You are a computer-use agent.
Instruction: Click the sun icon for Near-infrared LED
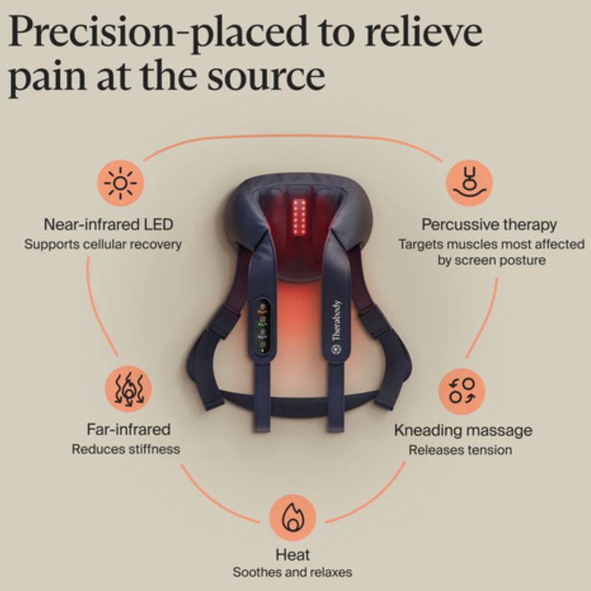click(120, 183)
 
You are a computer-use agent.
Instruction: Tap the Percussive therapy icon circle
click(469, 182)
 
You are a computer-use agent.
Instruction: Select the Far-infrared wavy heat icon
click(128, 389)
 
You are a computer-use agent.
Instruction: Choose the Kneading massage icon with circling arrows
click(462, 392)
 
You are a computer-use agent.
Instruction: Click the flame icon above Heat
click(293, 518)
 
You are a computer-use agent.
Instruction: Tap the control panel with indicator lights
click(262, 326)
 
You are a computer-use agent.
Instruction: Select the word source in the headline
click(267, 76)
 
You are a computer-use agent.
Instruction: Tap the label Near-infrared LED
click(109, 225)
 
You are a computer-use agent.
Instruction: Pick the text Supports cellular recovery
click(103, 245)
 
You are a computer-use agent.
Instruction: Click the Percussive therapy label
click(489, 225)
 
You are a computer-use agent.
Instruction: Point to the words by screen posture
click(491, 260)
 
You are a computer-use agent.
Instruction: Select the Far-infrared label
click(129, 429)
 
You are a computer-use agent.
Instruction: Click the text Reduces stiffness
click(126, 449)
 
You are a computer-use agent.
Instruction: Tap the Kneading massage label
click(463, 431)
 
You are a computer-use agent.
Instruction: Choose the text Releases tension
click(460, 450)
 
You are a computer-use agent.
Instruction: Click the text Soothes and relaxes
click(293, 572)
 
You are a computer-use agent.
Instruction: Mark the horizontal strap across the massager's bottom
click(298, 404)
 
